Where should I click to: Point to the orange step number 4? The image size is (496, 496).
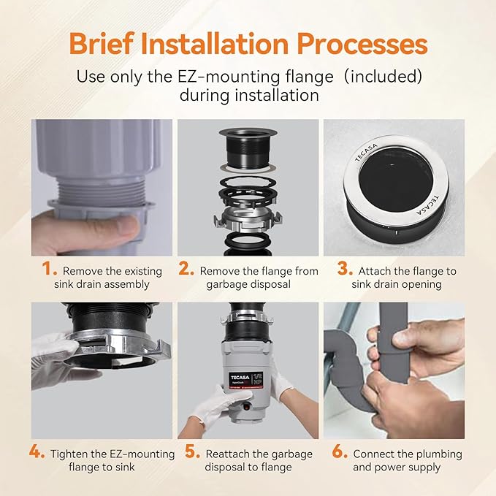(37, 451)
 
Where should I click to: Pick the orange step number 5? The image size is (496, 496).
(193, 451)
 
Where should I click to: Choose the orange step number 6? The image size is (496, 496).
(340, 451)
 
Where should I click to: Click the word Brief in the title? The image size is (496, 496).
(102, 44)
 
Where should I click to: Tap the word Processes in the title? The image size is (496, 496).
(362, 45)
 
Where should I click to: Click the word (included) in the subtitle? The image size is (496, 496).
(383, 77)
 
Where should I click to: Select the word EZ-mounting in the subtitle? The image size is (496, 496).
(255, 77)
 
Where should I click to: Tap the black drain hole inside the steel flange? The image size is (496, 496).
(396, 181)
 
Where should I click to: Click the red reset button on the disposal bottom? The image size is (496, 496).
(246, 408)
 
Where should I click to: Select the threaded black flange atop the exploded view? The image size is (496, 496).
(248, 148)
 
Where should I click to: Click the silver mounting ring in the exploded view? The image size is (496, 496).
(248, 221)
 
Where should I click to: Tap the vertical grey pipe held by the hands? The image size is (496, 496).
(393, 343)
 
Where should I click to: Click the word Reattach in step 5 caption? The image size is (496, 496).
(226, 454)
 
